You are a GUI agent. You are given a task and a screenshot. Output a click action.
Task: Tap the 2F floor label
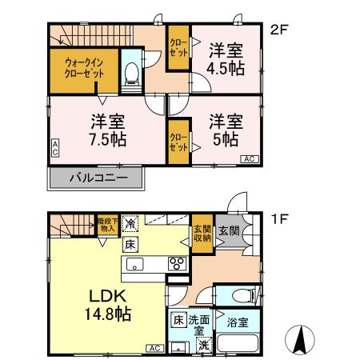point(278,31)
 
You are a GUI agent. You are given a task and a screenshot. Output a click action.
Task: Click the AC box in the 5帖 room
point(249,159)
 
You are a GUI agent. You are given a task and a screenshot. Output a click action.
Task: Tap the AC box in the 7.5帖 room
point(54,146)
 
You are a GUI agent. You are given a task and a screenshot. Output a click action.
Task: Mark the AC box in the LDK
point(154,348)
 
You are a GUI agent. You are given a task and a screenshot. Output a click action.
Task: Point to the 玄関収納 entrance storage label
point(202,233)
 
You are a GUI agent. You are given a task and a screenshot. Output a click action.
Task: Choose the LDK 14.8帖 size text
point(107,305)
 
